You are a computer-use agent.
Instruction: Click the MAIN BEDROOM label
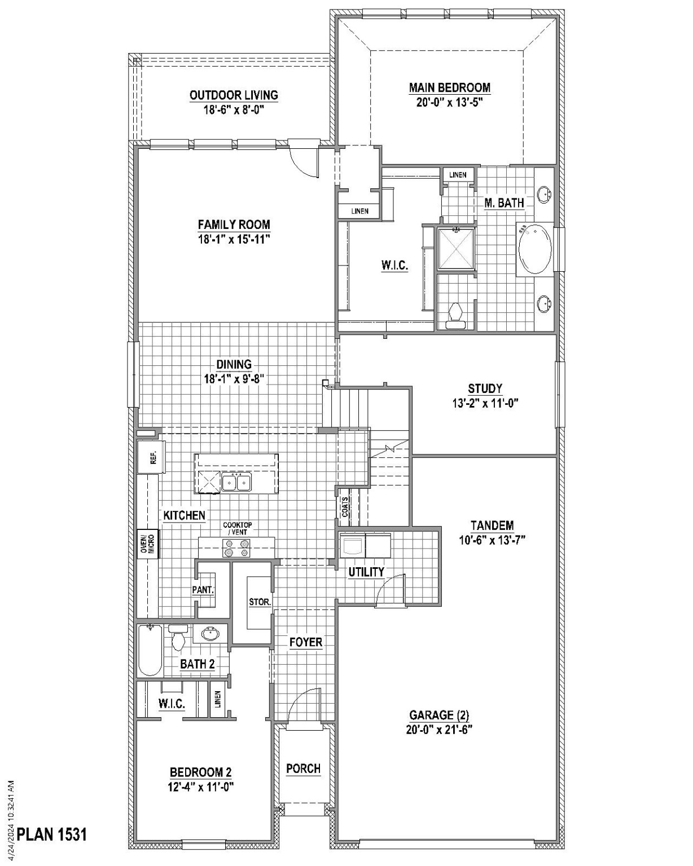[449, 88]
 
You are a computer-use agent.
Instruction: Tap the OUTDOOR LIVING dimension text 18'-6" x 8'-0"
[234, 109]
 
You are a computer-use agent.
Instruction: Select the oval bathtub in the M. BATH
[534, 249]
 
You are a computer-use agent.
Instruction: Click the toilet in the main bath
[454, 315]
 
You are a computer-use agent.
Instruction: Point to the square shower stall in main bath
[455, 248]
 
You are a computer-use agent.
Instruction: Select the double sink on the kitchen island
[236, 483]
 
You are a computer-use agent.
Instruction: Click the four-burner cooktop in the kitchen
[237, 549]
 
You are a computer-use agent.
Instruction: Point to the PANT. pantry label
[203, 590]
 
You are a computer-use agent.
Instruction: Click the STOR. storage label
[260, 602]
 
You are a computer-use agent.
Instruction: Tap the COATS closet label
[345, 506]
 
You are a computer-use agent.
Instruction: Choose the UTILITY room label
[366, 572]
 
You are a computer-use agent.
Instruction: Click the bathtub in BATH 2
[150, 651]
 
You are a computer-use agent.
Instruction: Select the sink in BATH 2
[210, 634]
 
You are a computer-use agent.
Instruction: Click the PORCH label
[303, 768]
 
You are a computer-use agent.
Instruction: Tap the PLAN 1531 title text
[52, 834]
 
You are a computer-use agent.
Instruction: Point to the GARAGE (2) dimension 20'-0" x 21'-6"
[438, 729]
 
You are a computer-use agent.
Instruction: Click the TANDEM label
[492, 525]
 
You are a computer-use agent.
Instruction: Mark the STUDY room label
[485, 388]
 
